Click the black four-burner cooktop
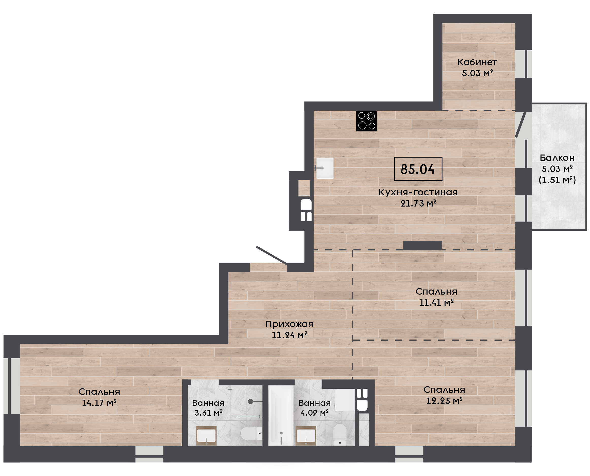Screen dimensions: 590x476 pyautogui.click(x=366, y=121)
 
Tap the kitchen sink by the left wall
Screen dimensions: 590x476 pyautogui.click(x=325, y=168)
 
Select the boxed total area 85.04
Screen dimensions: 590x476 pyautogui.click(x=418, y=169)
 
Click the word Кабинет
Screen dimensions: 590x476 pyautogui.click(x=477, y=62)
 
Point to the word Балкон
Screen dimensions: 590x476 pyautogui.click(x=557, y=158)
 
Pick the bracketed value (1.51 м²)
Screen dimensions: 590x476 pyautogui.click(x=557, y=180)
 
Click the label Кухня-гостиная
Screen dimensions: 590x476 pyautogui.click(x=418, y=192)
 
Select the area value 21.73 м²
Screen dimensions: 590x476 pyautogui.click(x=418, y=203)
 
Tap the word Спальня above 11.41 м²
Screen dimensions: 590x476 pyautogui.click(x=436, y=292)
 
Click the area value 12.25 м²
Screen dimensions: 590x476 pyautogui.click(x=444, y=401)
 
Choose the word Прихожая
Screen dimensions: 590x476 pyautogui.click(x=289, y=324)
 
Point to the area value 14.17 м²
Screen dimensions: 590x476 pyautogui.click(x=99, y=403)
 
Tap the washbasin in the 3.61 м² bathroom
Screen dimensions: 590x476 pyautogui.click(x=206, y=436)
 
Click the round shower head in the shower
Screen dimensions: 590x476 pyautogui.click(x=250, y=401)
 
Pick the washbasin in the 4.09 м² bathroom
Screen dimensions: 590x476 pyautogui.click(x=306, y=436)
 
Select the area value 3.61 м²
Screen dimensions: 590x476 pyautogui.click(x=208, y=413)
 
